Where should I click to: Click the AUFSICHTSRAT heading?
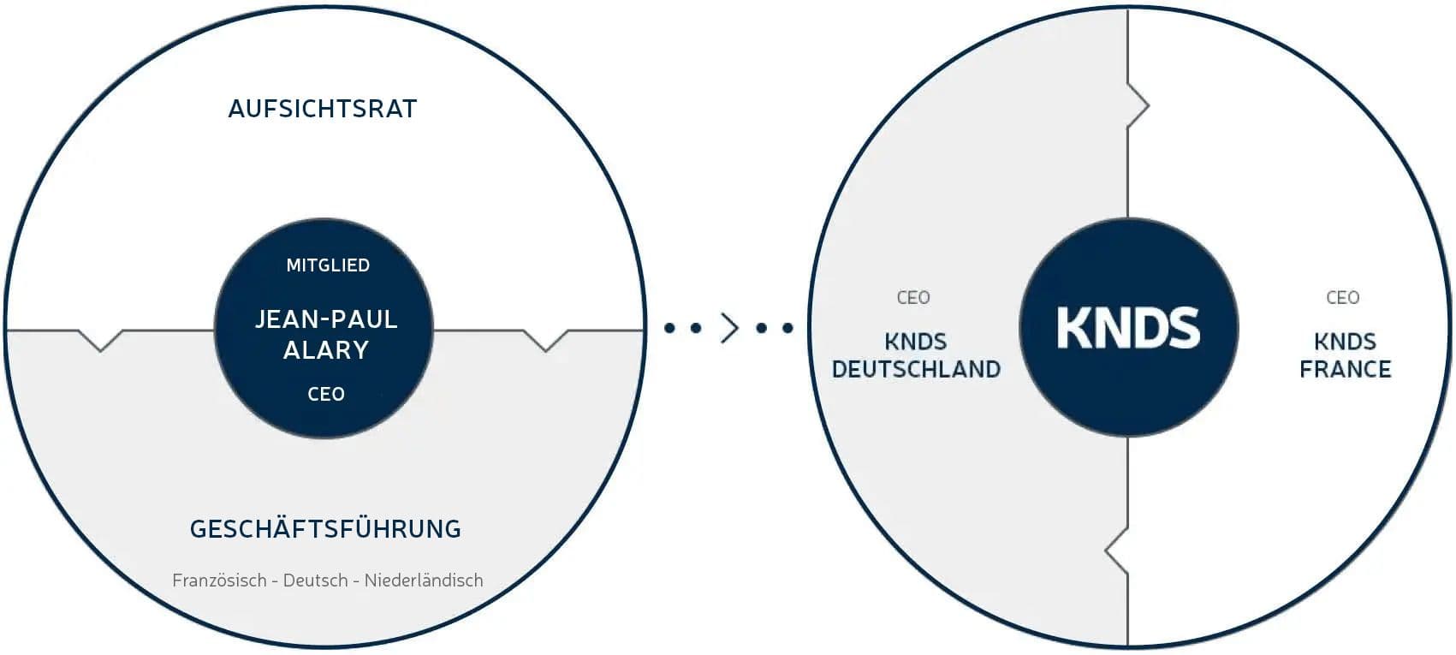pyautogui.click(x=323, y=109)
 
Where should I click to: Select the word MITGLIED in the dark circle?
pyautogui.click(x=328, y=265)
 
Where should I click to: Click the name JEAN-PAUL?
pyautogui.click(x=325, y=319)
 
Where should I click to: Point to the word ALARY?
pyautogui.click(x=326, y=350)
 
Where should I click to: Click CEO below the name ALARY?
pyautogui.click(x=326, y=394)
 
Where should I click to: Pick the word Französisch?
pyautogui.click(x=220, y=580)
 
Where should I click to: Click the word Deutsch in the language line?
pyautogui.click(x=316, y=580)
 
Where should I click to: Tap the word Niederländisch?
pyautogui.click(x=424, y=580)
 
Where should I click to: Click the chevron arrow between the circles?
pyautogui.click(x=730, y=327)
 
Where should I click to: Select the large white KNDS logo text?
pyautogui.click(x=1128, y=328)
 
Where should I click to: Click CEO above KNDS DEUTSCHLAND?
pyautogui.click(x=913, y=297)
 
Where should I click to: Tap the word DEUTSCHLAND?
pyautogui.click(x=916, y=369)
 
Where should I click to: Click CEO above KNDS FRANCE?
pyautogui.click(x=1343, y=297)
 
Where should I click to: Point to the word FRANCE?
pyautogui.click(x=1346, y=369)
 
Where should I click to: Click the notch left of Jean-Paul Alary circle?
pyautogui.click(x=101, y=340)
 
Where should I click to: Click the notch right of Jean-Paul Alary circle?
pyautogui.click(x=546, y=340)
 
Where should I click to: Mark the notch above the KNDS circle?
pyautogui.click(x=1138, y=105)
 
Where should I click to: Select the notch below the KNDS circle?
pyautogui.click(x=1117, y=551)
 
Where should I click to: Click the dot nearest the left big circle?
pyautogui.click(x=669, y=328)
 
